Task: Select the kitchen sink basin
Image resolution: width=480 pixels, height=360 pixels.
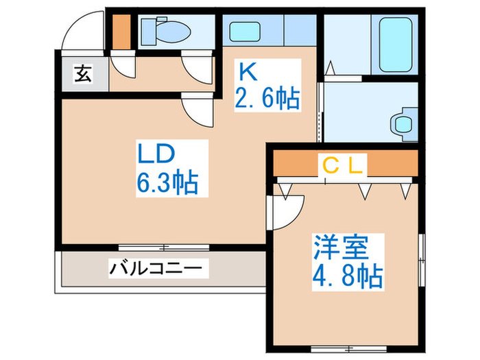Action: (x=243, y=32)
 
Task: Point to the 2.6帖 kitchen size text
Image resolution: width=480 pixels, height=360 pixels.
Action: (x=268, y=99)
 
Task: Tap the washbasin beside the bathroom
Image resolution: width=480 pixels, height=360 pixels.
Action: (x=403, y=123)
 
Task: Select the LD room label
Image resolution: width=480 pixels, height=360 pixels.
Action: (x=159, y=155)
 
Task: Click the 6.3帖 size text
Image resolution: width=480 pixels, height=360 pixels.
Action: (x=168, y=184)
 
